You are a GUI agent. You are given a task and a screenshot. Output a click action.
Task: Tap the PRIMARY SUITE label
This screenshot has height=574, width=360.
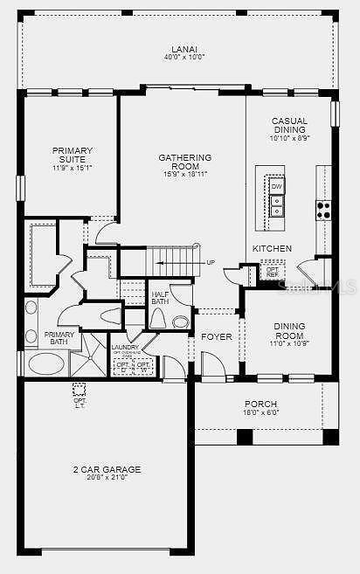click(72, 155)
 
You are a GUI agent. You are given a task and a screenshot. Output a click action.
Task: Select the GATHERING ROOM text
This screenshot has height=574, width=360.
click(184, 163)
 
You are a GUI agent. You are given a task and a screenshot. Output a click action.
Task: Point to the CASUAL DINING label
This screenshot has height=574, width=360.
click(289, 125)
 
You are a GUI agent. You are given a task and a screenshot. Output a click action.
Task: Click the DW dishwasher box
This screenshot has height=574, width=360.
click(276, 187)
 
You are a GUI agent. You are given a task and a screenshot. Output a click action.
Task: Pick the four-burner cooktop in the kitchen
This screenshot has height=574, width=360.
click(323, 210)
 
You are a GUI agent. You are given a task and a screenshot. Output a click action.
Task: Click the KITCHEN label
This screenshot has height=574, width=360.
click(267, 249)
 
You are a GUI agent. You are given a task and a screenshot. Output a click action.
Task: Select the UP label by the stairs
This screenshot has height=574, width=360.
click(211, 261)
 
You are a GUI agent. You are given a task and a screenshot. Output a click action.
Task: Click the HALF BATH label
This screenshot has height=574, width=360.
click(160, 298)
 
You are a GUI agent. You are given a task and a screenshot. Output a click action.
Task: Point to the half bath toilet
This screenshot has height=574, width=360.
click(158, 317)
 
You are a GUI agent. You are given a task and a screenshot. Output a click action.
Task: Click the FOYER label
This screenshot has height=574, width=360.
click(217, 336)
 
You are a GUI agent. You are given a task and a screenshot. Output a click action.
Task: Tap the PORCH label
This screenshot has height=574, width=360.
click(260, 404)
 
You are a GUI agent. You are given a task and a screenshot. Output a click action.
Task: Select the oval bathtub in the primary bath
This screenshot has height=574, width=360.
click(45, 363)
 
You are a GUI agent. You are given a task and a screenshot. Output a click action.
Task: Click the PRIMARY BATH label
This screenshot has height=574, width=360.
click(59, 337)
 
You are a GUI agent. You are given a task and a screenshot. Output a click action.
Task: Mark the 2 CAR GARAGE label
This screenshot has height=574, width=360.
click(107, 469)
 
